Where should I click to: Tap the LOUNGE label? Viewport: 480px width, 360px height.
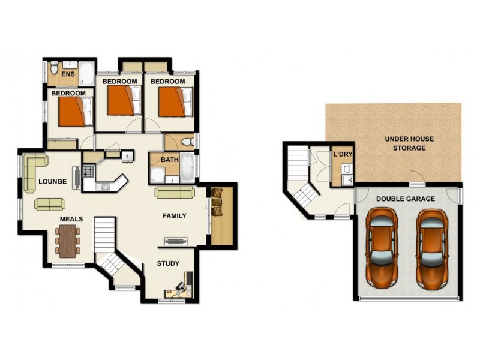tap(52, 181)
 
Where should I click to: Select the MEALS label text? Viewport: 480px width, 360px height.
tap(71, 220)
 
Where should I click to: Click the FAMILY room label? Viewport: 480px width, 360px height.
tap(175, 216)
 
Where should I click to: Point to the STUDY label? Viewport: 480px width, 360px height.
tap(168, 263)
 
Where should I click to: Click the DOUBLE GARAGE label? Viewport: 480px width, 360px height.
tap(406, 199)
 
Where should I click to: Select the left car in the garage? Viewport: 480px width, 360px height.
tap(382, 245)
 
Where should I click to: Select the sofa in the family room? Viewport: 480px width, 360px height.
tap(175, 193)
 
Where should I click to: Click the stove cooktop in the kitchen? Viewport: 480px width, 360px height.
tap(88, 172)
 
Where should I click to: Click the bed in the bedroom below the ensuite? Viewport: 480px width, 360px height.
tap(76, 112)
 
